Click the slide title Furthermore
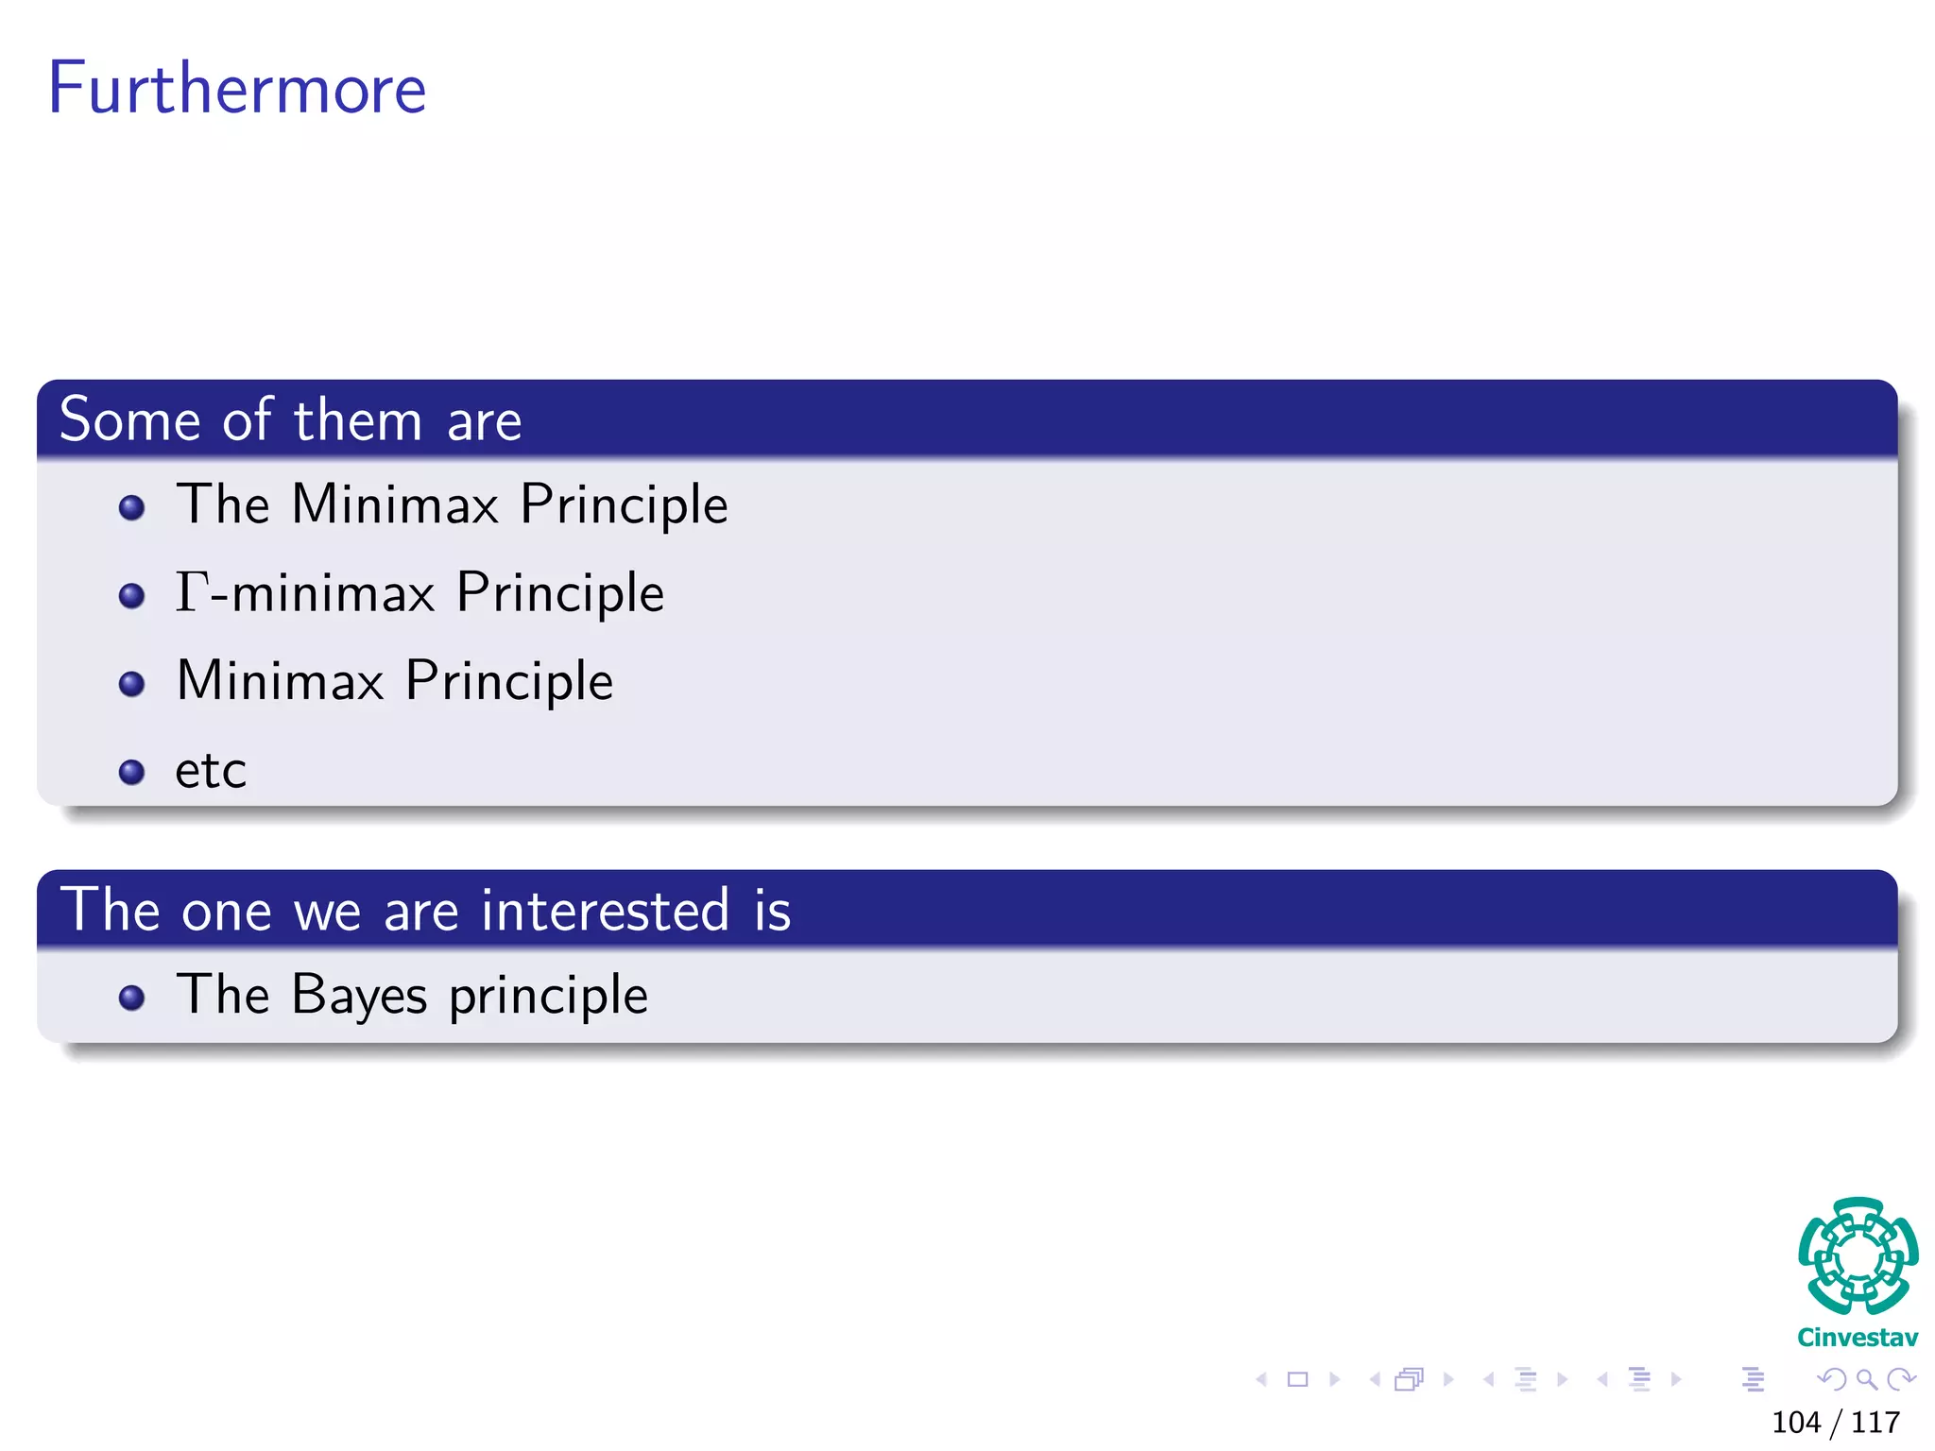click(236, 88)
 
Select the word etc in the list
click(211, 770)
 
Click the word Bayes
click(359, 995)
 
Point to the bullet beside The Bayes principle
click(132, 999)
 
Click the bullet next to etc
click(132, 773)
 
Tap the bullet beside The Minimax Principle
click(132, 508)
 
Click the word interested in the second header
click(605, 910)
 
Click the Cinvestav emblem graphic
click(1858, 1256)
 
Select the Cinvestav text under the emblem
click(1857, 1338)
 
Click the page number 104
click(1795, 1422)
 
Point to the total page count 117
click(1875, 1422)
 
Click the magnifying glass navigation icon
click(1866, 1379)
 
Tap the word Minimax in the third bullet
click(280, 680)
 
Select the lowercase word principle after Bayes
click(548, 996)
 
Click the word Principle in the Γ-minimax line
click(560, 593)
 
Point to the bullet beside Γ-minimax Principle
click(132, 596)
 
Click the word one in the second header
click(227, 912)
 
